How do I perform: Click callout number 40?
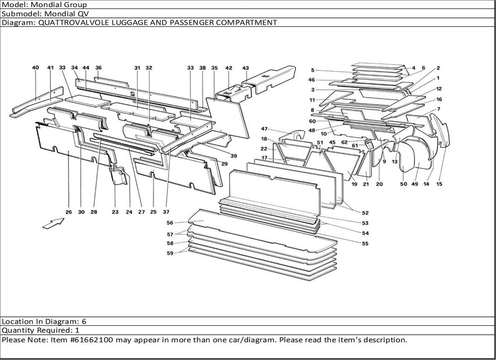coord(35,67)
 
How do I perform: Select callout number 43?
coord(246,67)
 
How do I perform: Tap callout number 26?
coord(68,212)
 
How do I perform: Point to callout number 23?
coord(115,212)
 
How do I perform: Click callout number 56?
coord(170,223)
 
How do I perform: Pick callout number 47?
coord(264,128)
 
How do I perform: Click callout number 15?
coord(439,184)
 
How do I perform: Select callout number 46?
coord(311,80)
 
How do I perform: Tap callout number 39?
coord(234,156)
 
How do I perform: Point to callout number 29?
coord(224,164)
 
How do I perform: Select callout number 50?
coord(403,184)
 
